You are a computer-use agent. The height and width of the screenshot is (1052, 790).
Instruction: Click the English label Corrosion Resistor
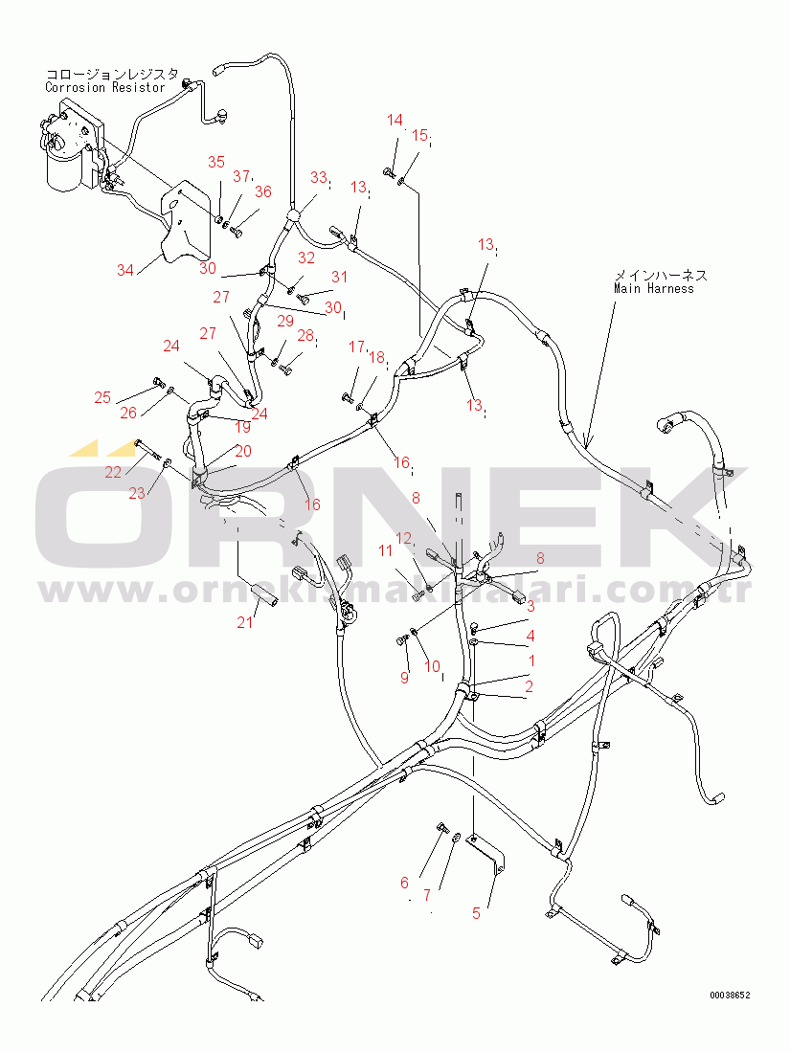[104, 87]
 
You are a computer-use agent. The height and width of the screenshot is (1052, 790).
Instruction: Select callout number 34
[125, 270]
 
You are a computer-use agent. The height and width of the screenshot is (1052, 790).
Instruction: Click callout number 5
[476, 912]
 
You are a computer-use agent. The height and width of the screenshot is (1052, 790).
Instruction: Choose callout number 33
[318, 177]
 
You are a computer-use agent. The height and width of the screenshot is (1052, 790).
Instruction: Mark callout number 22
[113, 472]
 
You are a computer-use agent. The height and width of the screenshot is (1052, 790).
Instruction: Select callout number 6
[404, 883]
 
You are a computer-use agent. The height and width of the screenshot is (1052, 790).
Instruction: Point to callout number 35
[215, 162]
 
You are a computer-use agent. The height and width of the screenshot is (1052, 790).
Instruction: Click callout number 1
[531, 660]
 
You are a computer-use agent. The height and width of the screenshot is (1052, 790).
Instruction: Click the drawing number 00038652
[729, 996]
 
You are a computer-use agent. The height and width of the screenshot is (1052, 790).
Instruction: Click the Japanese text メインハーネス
[660, 274]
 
